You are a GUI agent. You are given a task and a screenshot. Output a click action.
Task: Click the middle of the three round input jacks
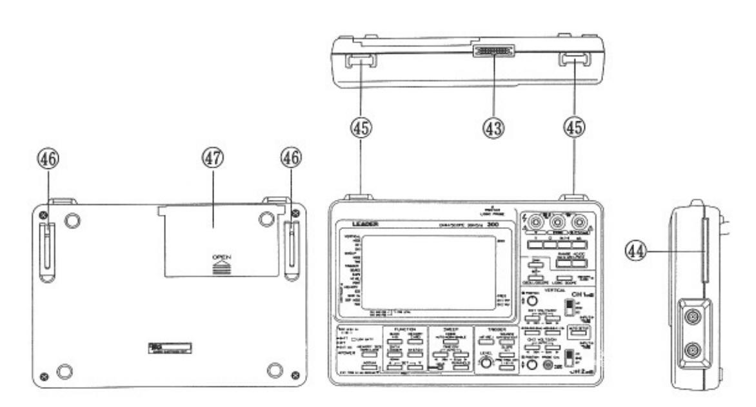pyautogui.click(x=559, y=226)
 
